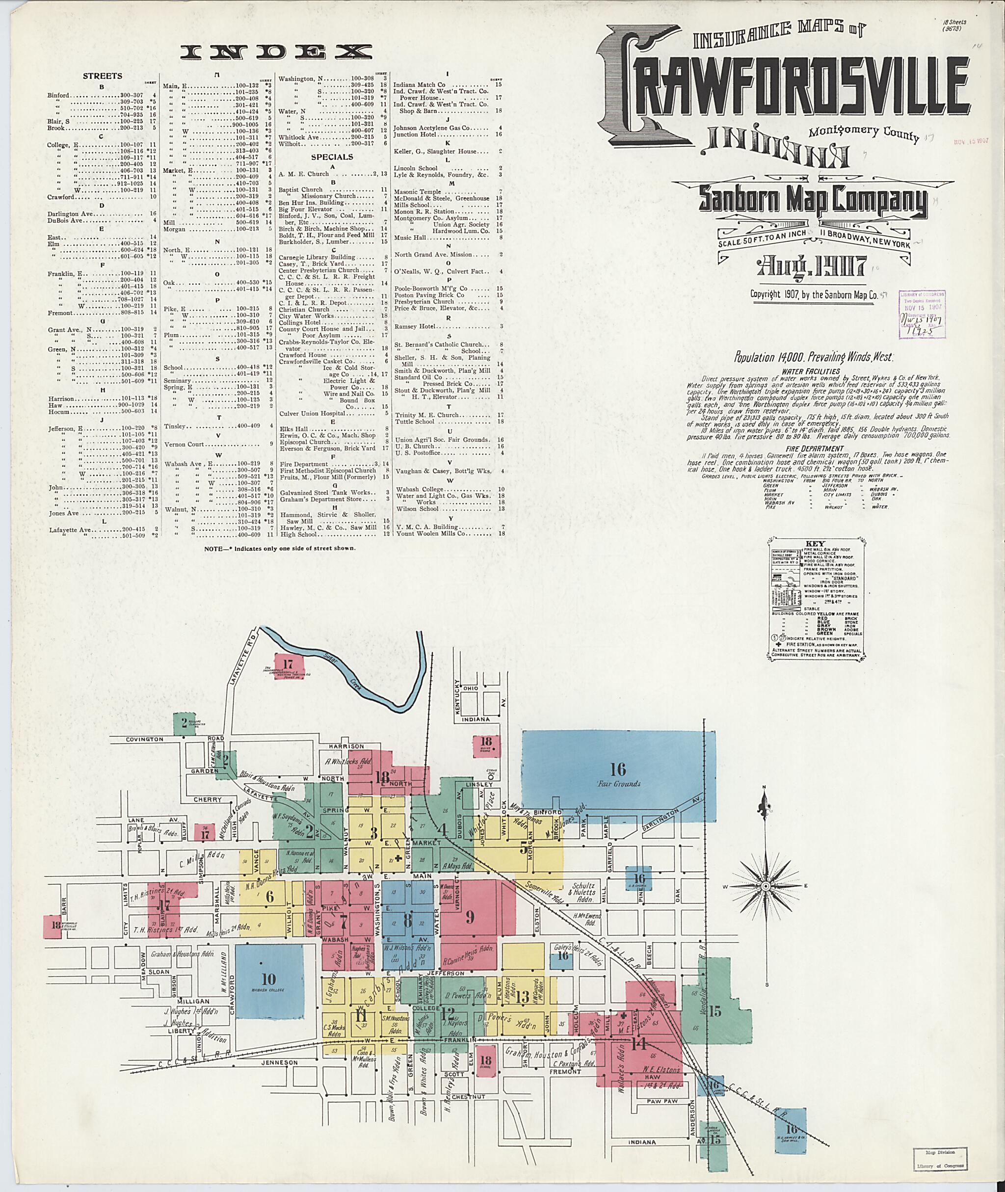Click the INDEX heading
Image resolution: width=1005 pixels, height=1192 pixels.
pos(276,53)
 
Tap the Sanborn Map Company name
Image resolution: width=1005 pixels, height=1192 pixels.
pos(813,202)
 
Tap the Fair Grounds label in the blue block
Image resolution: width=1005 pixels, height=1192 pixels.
pos(619,783)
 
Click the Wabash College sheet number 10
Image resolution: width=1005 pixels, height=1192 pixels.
pos(268,980)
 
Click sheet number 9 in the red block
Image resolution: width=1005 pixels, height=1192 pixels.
pos(470,917)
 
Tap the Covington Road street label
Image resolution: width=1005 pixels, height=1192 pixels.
pos(145,739)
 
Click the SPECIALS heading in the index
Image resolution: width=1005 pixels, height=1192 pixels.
pos(332,157)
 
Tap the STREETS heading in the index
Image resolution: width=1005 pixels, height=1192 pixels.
pos(102,76)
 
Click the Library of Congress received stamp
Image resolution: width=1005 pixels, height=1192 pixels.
pos(921,314)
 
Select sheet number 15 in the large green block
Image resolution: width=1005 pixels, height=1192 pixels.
pos(714,1011)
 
